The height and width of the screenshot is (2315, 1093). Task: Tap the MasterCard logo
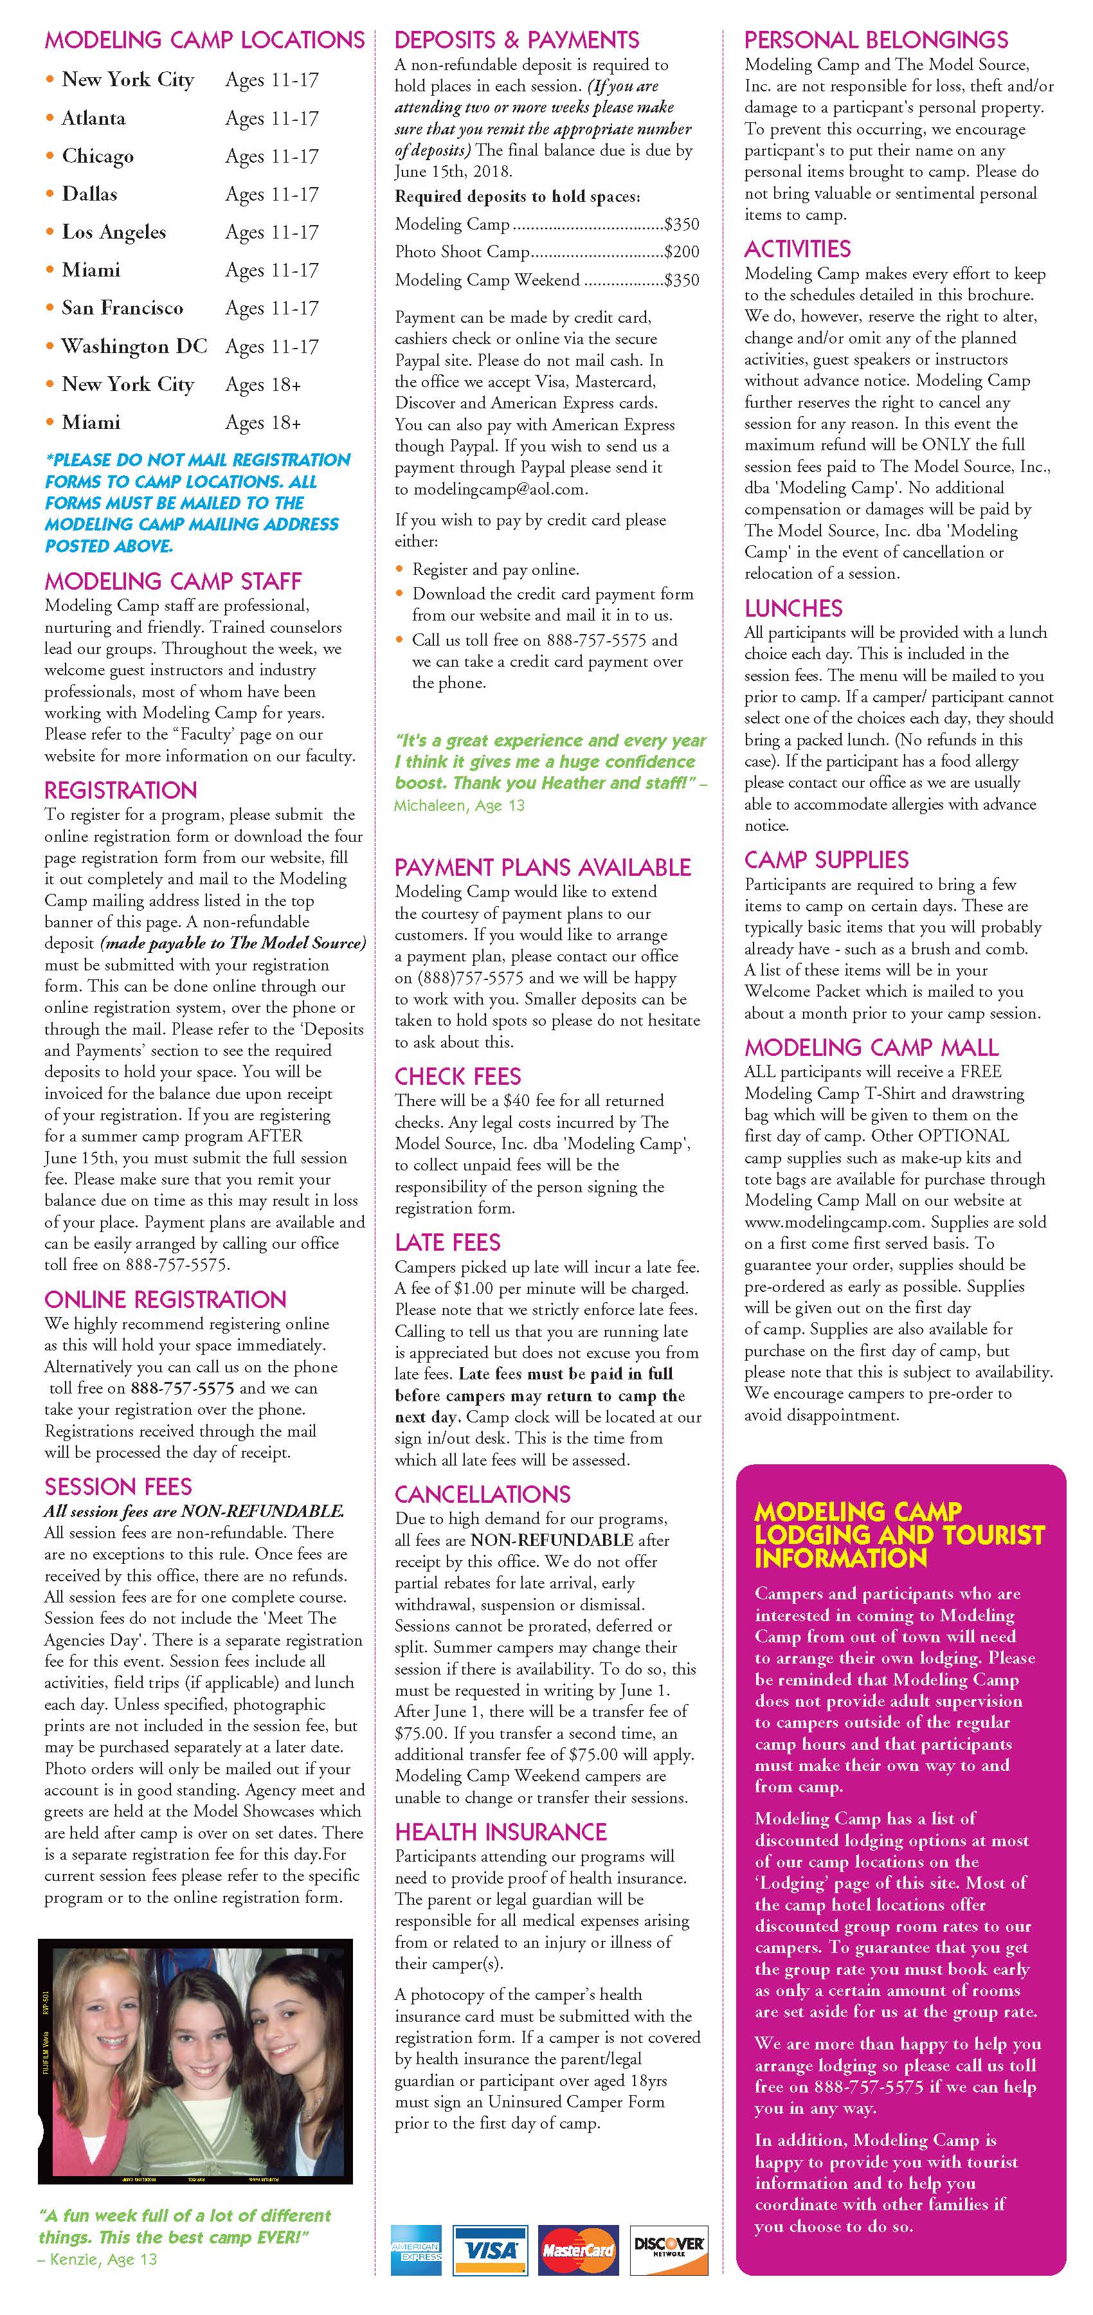[578, 2249]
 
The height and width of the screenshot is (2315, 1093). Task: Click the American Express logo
[416, 2249]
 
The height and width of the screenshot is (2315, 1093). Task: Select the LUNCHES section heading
[793, 608]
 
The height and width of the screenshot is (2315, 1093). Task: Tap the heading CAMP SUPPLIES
[826, 860]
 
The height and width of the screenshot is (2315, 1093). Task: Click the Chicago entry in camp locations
[97, 156]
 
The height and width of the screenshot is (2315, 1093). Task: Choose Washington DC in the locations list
[134, 347]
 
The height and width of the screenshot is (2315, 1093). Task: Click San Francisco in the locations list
[122, 308]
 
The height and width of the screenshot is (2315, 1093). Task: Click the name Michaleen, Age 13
[459, 805]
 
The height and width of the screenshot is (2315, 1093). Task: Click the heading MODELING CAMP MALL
[871, 1047]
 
